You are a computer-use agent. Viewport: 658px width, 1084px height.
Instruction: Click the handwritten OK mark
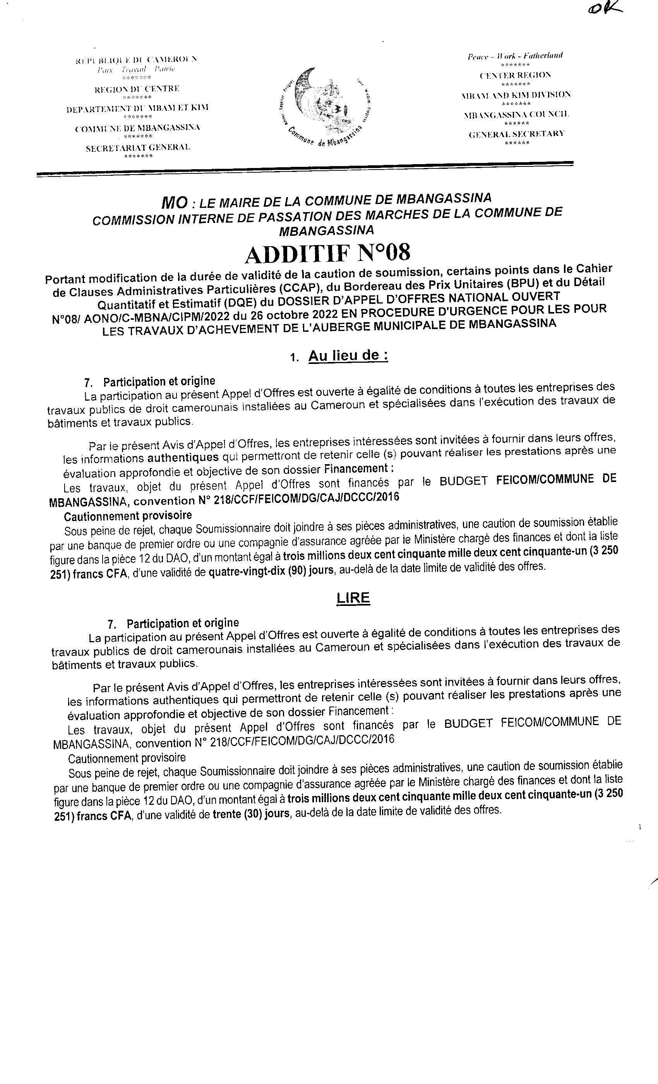point(604,10)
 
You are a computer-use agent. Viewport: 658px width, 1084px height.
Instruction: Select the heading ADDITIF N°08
point(328,254)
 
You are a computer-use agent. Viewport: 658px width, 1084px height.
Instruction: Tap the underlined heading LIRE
point(353,598)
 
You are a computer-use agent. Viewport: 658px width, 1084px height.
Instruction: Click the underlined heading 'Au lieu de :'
point(348,355)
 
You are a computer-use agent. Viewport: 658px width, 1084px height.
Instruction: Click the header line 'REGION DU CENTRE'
point(137,89)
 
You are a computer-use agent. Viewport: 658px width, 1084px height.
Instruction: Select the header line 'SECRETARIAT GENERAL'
point(138,148)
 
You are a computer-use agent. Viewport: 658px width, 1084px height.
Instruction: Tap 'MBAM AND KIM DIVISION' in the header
point(516,95)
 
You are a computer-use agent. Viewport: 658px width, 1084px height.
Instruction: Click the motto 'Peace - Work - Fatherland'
point(515,56)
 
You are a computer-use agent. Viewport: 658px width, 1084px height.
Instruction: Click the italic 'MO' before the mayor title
point(175,203)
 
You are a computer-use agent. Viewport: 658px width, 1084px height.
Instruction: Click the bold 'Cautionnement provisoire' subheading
point(128,515)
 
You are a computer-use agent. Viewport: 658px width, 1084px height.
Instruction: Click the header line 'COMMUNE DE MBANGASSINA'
point(138,128)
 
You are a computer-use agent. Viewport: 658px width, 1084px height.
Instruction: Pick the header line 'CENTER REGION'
point(515,75)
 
